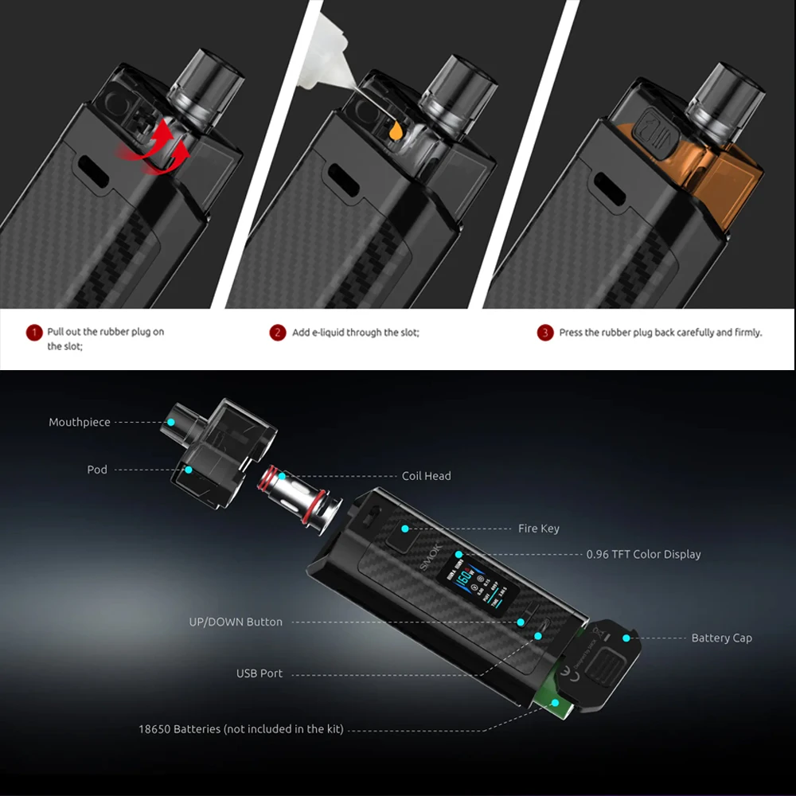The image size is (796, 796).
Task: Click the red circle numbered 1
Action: (34, 333)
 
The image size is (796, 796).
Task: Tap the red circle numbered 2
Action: (277, 333)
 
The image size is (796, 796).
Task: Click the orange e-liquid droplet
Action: (394, 131)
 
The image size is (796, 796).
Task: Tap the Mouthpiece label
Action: (80, 422)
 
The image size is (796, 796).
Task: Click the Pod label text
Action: (97, 470)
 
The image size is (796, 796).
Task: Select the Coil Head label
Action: (426, 476)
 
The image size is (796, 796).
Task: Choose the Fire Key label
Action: (538, 529)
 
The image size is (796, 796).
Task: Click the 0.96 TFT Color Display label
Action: (643, 554)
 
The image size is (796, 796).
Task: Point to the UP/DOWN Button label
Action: (236, 622)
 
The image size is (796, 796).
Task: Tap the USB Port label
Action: (259, 673)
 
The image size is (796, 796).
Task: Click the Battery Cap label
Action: (721, 638)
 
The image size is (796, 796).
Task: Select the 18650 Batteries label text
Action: (240, 728)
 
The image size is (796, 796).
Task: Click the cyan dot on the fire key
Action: (405, 528)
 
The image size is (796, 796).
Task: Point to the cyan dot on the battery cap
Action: (626, 638)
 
